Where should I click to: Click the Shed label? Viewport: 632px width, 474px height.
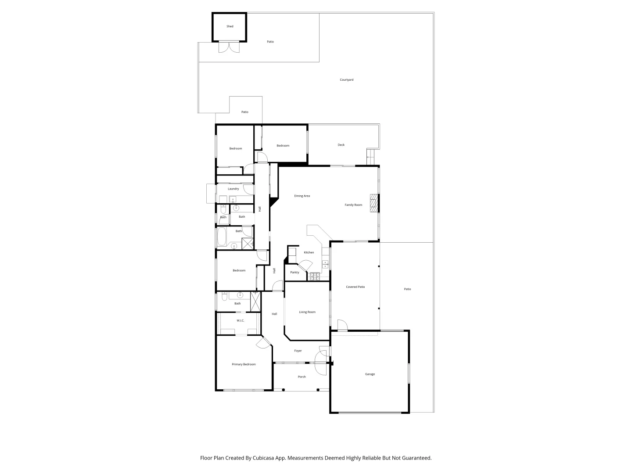[x=230, y=26]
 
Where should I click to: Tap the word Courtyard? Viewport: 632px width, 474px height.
[x=346, y=80]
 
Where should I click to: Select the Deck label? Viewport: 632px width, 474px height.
[x=341, y=145]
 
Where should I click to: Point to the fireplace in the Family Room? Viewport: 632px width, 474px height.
[x=373, y=203]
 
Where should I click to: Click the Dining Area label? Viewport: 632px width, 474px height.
[x=302, y=196]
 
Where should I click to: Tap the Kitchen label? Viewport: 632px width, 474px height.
[x=309, y=252]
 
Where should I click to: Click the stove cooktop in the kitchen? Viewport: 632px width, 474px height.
[x=314, y=276]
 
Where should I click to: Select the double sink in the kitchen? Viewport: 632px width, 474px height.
[x=325, y=264]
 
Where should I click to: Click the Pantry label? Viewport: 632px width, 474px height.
[x=294, y=273]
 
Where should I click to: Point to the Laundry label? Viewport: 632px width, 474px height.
[x=233, y=189]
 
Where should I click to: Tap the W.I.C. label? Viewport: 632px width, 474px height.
[x=240, y=320]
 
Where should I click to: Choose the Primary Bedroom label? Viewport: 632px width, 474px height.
[x=244, y=364]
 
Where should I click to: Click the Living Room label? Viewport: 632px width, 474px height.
[x=307, y=312]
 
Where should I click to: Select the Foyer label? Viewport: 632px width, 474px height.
[x=298, y=351]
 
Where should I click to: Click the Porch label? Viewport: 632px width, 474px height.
[x=302, y=377]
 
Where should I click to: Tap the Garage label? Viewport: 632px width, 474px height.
[x=370, y=374]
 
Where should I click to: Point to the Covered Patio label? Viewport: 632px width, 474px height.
[x=355, y=287]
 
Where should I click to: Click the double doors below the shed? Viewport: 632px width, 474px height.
[x=229, y=47]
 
